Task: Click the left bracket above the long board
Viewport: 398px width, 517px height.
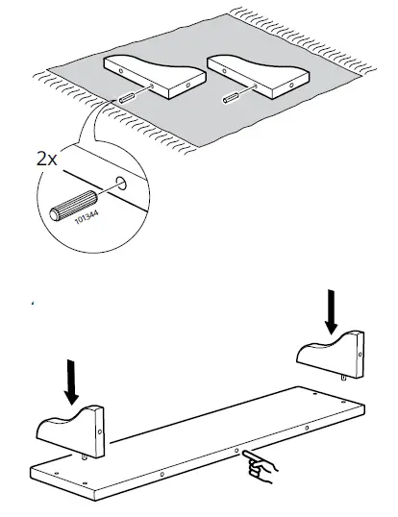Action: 73,432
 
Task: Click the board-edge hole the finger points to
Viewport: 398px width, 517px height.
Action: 236,450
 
